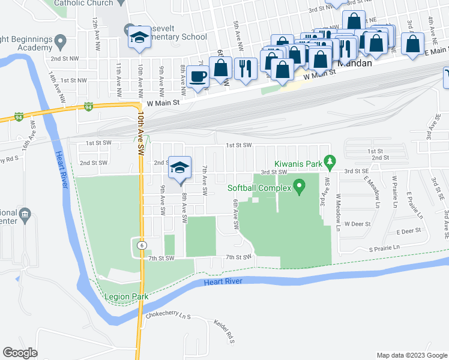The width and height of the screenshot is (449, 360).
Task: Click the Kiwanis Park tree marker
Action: click(330, 161)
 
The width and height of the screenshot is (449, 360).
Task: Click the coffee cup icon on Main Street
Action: click(197, 76)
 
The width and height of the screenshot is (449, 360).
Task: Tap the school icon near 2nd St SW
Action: click(179, 168)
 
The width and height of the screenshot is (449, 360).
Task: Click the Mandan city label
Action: click(355, 63)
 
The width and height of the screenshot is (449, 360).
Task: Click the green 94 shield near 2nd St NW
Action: click(88, 107)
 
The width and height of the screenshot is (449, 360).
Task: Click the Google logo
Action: click(20, 352)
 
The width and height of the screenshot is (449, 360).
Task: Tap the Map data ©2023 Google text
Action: click(412, 355)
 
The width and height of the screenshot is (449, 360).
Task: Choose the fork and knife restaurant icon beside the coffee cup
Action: click(245, 68)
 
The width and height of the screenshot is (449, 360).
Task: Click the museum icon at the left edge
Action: click(25, 215)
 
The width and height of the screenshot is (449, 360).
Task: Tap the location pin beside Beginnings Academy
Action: click(59, 41)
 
